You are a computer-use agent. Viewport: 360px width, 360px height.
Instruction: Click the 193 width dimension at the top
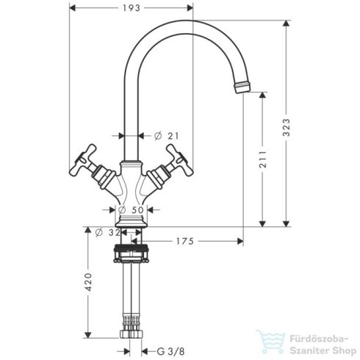pyautogui.click(x=131, y=10)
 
